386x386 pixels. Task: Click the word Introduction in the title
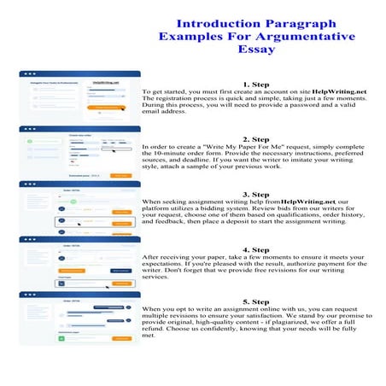[x=213, y=19]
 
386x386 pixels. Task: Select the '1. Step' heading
[x=256, y=84]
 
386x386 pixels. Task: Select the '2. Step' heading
[x=256, y=138]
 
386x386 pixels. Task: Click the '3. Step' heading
[x=256, y=194]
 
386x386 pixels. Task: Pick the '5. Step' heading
[x=256, y=301]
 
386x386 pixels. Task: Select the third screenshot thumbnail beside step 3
[x=79, y=208]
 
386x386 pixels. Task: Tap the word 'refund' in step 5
[x=159, y=330]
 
